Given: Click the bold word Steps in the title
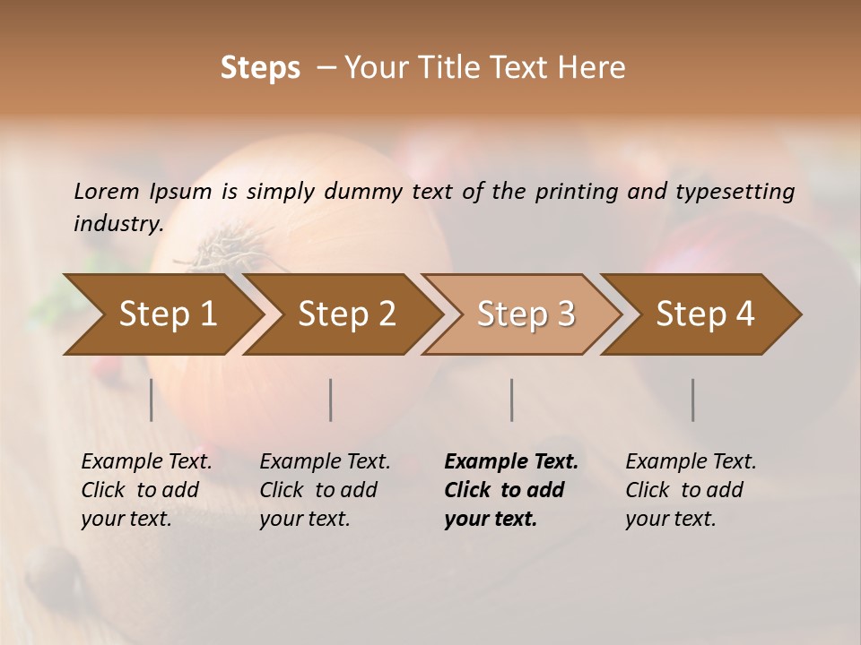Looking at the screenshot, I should coord(260,68).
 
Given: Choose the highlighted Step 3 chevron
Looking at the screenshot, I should coord(526,314).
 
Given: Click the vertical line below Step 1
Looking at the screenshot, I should coord(152,400).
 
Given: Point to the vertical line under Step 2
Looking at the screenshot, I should coord(331,400).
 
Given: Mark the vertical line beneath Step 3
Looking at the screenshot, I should coord(511,400).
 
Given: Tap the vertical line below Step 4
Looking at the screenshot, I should coord(693,400).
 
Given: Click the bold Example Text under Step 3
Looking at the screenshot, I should coord(511,462).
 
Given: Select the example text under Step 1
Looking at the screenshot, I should coord(146,490).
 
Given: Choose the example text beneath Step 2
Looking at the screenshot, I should coord(325,490).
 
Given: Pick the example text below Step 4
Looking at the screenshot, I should coord(691,490).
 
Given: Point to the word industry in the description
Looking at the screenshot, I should coord(118,224).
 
